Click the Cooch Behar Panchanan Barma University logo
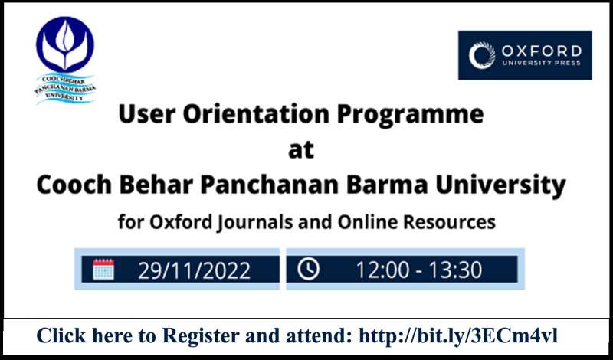coord(65,61)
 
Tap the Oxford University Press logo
coord(525,55)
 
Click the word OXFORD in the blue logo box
coord(542,51)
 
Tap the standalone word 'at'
coord(301,150)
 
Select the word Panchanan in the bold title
coord(270,185)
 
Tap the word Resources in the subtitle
coord(449,222)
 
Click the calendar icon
coord(103,270)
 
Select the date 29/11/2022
coord(194,270)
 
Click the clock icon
coord(309,269)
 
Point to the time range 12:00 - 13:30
coord(418,270)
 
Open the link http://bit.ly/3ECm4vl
coord(458,335)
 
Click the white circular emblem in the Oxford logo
coord(482,55)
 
